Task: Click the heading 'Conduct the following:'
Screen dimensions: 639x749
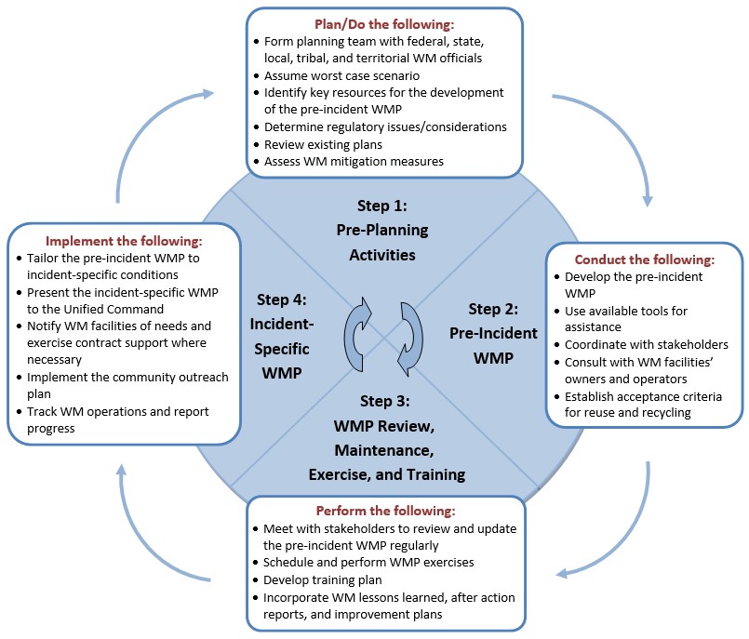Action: coord(644,260)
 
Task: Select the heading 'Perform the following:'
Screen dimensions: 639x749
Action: coord(385,512)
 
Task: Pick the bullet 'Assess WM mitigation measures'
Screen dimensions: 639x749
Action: coord(354,161)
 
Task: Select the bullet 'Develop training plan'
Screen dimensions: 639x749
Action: coord(326,580)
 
